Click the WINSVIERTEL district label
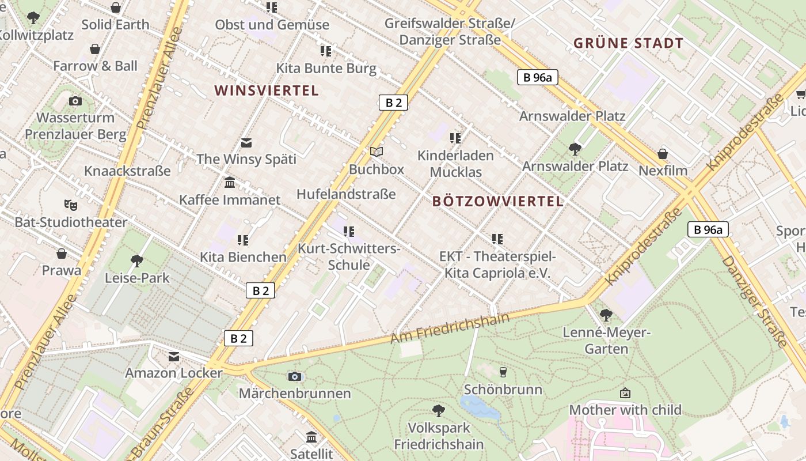[266, 90]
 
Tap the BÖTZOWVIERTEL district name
[497, 201]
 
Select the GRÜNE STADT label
[628, 43]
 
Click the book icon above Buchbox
[377, 152]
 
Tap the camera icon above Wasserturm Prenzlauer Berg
[75, 101]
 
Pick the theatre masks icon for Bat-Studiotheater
[71, 205]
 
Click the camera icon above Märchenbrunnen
[295, 376]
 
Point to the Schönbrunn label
[503, 390]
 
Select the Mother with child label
[625, 410]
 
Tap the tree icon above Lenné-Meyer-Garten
[606, 315]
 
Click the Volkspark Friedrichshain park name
[439, 436]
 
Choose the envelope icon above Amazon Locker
[174, 357]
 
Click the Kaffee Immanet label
[230, 200]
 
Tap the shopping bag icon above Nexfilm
[663, 154]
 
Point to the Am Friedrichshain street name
[450, 328]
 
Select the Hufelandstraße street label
[346, 194]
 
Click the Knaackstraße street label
[127, 171]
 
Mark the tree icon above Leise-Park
[137, 261]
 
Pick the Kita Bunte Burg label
[326, 69]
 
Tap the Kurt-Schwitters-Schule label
[349, 257]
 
